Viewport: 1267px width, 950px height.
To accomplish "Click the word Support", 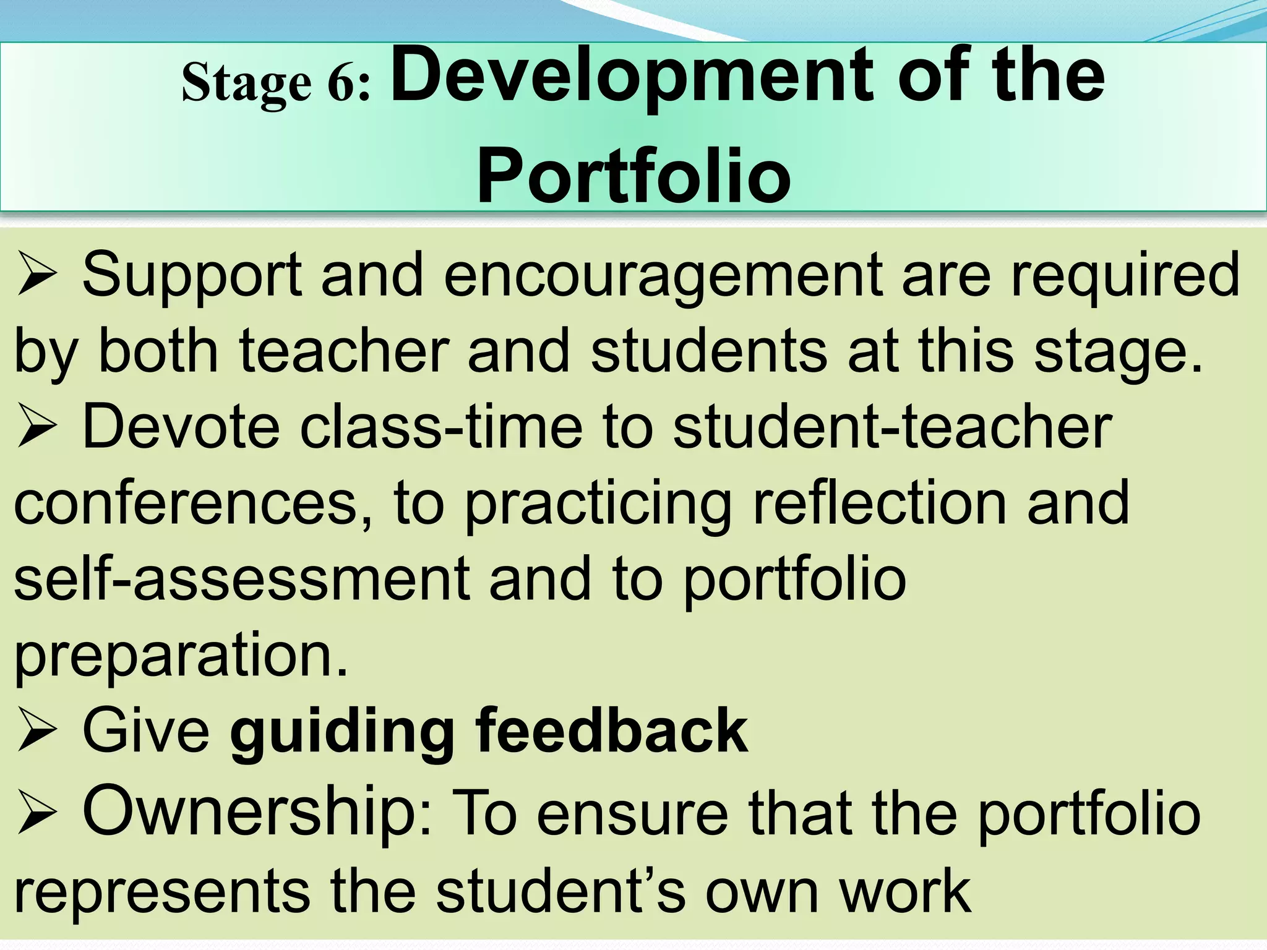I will (x=192, y=276).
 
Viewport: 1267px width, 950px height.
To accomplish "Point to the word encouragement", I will (x=662, y=276).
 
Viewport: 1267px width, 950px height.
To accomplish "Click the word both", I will (x=158, y=351).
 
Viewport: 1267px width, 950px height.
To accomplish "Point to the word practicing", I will (x=598, y=504).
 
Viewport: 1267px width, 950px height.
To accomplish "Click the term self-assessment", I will (x=242, y=579).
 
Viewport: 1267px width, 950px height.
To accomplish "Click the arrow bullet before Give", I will (x=37, y=732).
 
